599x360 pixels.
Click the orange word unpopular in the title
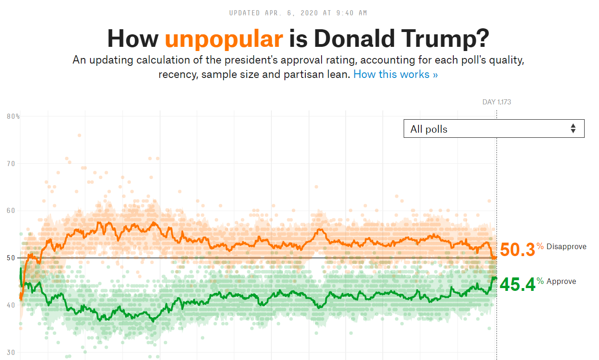[224, 39]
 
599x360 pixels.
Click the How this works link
[395, 74]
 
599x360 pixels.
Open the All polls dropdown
[494, 129]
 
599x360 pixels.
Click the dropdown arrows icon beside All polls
[573, 129]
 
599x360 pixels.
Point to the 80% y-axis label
[13, 116]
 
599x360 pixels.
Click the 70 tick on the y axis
[11, 163]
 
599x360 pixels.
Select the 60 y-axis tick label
[11, 211]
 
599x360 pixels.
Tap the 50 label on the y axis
[11, 258]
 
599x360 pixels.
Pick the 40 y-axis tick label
[11, 305]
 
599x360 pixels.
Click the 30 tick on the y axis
[11, 353]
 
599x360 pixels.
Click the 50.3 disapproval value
[517, 250]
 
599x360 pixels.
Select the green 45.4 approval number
[517, 285]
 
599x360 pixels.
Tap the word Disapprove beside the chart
[566, 247]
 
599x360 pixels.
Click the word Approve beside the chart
[561, 282]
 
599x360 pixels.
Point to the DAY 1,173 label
[496, 102]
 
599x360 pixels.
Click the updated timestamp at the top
[298, 13]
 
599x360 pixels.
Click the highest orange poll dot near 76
[79, 135]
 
